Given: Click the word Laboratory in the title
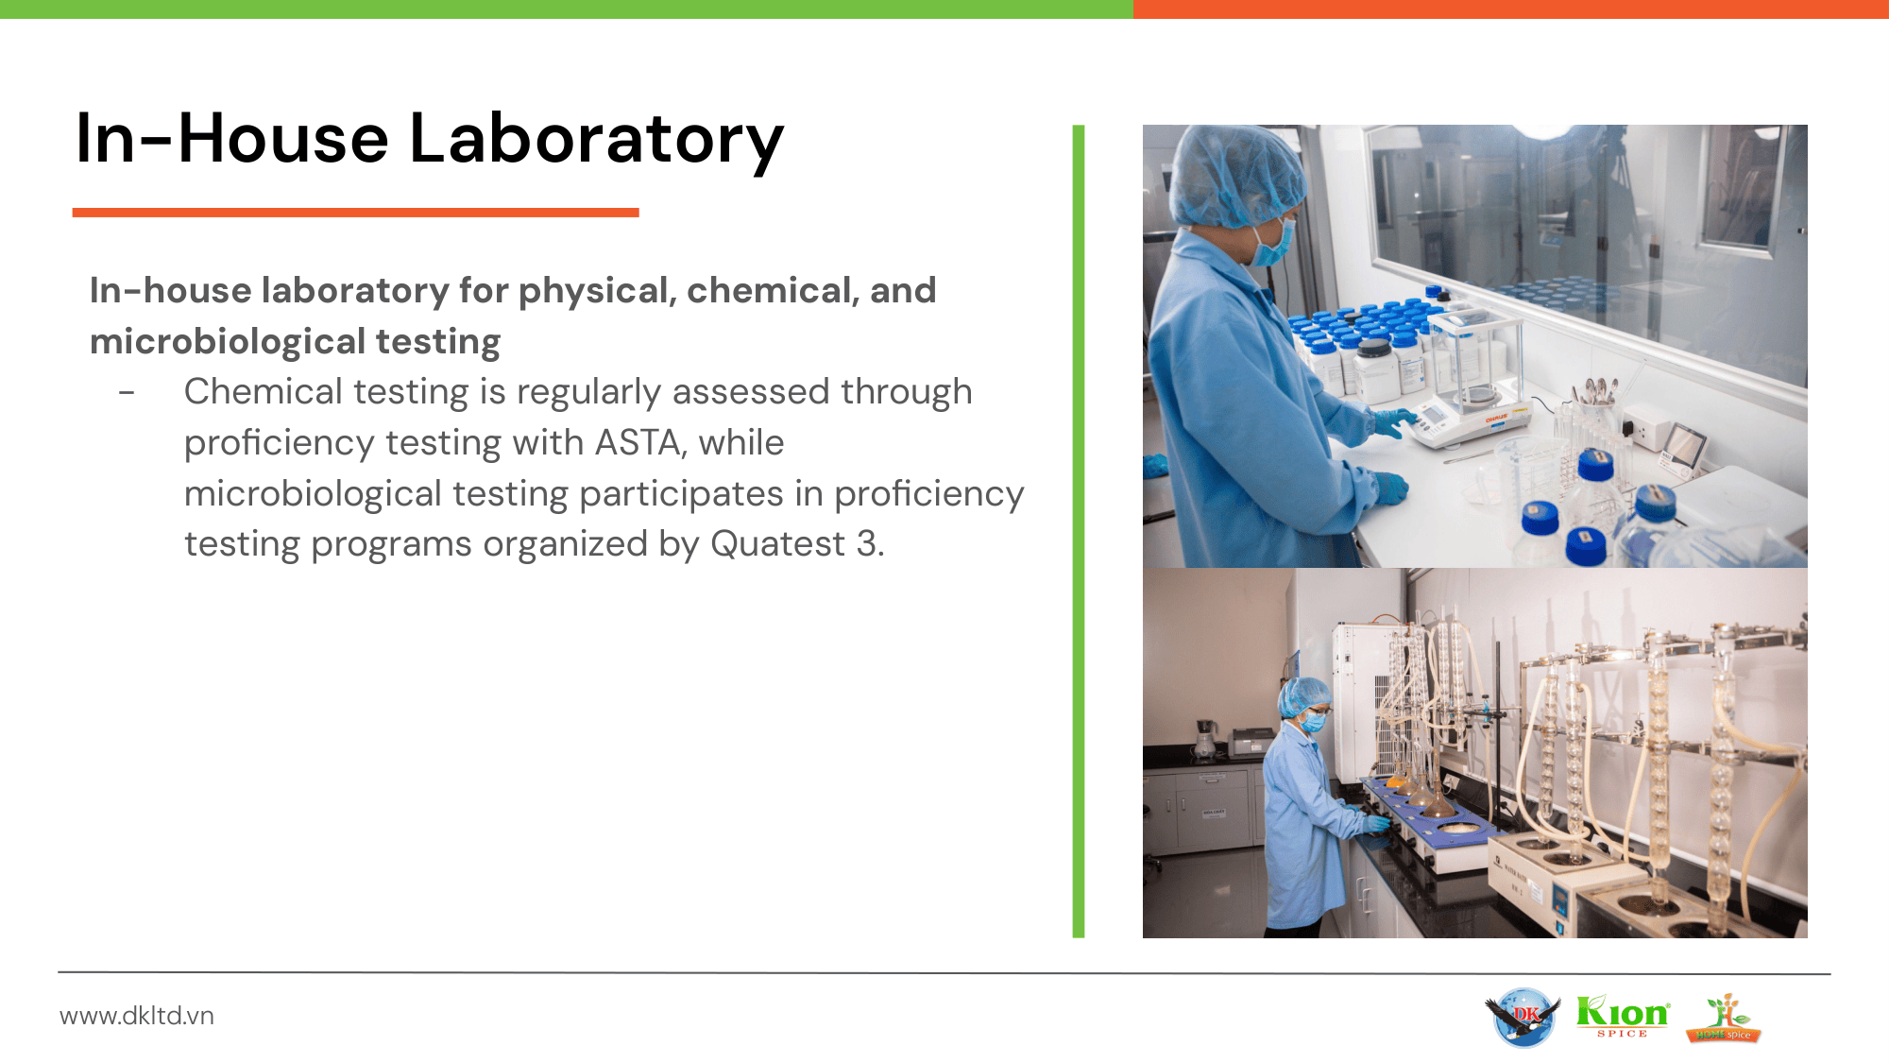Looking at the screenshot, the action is click(596, 139).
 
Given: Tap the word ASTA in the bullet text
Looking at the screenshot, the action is click(639, 442).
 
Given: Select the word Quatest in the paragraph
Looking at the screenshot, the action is click(777, 544).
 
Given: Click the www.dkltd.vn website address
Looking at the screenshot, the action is click(137, 1016).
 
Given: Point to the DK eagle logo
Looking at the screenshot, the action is click(1522, 1017).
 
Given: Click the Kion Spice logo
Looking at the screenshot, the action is click(1623, 1016).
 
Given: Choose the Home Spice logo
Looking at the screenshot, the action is click(1724, 1018).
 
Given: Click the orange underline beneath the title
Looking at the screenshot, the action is click(356, 213).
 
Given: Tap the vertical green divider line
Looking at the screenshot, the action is click(1079, 531).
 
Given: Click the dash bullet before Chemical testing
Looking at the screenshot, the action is click(127, 392).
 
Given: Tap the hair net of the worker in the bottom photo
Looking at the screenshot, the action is click(1303, 695).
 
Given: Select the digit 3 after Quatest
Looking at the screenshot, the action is click(866, 544).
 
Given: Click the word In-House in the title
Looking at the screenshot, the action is click(232, 139).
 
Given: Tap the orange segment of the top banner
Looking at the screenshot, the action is click(1511, 9).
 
